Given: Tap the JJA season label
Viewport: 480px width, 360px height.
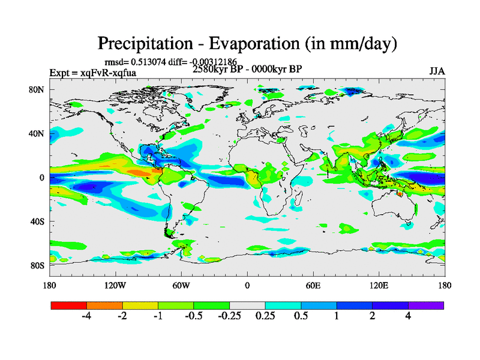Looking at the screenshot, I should (x=437, y=71).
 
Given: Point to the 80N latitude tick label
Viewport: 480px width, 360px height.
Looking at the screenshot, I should (x=38, y=90).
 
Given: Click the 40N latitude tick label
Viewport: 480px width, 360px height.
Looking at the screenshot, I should (x=38, y=134).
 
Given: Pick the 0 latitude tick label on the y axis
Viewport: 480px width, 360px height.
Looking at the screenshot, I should (x=43, y=178).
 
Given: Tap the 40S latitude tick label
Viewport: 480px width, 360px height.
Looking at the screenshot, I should (x=38, y=221).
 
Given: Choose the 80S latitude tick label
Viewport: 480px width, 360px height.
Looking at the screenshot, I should (x=38, y=265).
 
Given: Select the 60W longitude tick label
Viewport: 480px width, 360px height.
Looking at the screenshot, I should (x=181, y=285).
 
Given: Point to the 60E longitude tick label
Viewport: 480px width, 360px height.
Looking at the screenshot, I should (x=313, y=285).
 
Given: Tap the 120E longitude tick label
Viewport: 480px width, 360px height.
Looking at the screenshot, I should (x=379, y=285).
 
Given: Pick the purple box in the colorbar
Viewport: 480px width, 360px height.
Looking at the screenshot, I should (x=426, y=305).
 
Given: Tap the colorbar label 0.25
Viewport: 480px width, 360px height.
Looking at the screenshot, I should (x=265, y=316).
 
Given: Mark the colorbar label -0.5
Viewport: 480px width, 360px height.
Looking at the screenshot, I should (x=193, y=316).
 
